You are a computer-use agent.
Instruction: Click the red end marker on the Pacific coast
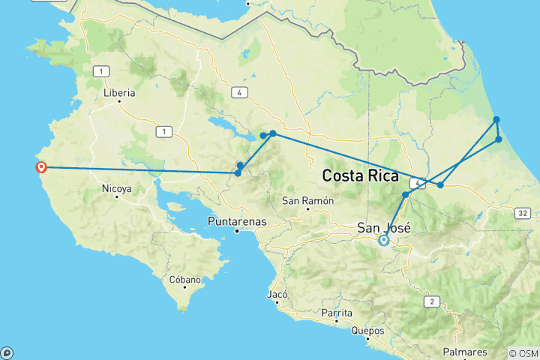click(x=42, y=167)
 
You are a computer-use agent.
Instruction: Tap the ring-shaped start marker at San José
click(x=384, y=241)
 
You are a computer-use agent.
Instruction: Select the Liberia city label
click(x=119, y=93)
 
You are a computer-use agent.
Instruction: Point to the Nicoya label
click(x=117, y=189)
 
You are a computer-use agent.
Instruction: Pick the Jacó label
click(x=277, y=295)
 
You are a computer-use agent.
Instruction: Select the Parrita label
click(x=336, y=313)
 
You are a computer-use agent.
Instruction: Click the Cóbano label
click(x=185, y=280)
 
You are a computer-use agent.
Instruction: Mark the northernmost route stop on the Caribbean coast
click(x=496, y=120)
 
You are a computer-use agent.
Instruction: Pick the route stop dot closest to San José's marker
click(x=406, y=195)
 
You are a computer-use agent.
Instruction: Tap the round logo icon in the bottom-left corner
click(x=7, y=352)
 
